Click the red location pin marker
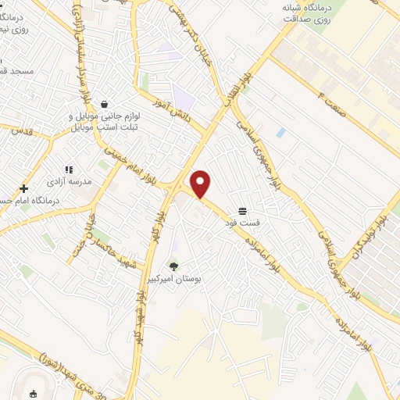(x=201, y=184)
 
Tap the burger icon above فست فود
(x=243, y=211)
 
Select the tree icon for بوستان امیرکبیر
(x=173, y=267)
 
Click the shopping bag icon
(x=104, y=103)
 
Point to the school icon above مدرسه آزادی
(x=69, y=169)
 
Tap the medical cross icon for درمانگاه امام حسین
(x=24, y=188)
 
